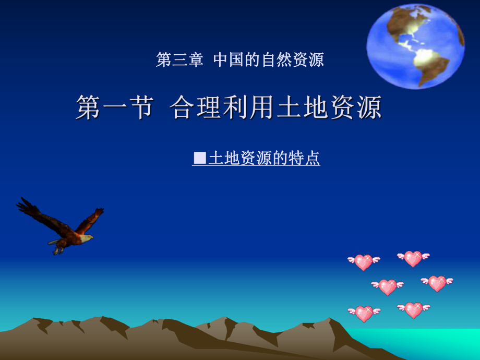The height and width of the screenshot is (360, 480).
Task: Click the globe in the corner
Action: click(x=415, y=46)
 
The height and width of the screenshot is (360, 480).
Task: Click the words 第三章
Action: click(x=179, y=60)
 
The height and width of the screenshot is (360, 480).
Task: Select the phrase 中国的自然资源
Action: click(x=269, y=60)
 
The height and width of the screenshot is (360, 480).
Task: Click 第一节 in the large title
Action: click(x=115, y=107)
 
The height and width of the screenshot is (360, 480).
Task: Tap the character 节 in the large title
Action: click(x=141, y=107)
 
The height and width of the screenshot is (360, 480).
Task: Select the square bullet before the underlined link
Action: click(x=200, y=158)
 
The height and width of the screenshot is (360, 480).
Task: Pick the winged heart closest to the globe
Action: click(x=413, y=258)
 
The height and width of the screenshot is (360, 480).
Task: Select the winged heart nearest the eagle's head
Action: click(x=364, y=262)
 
